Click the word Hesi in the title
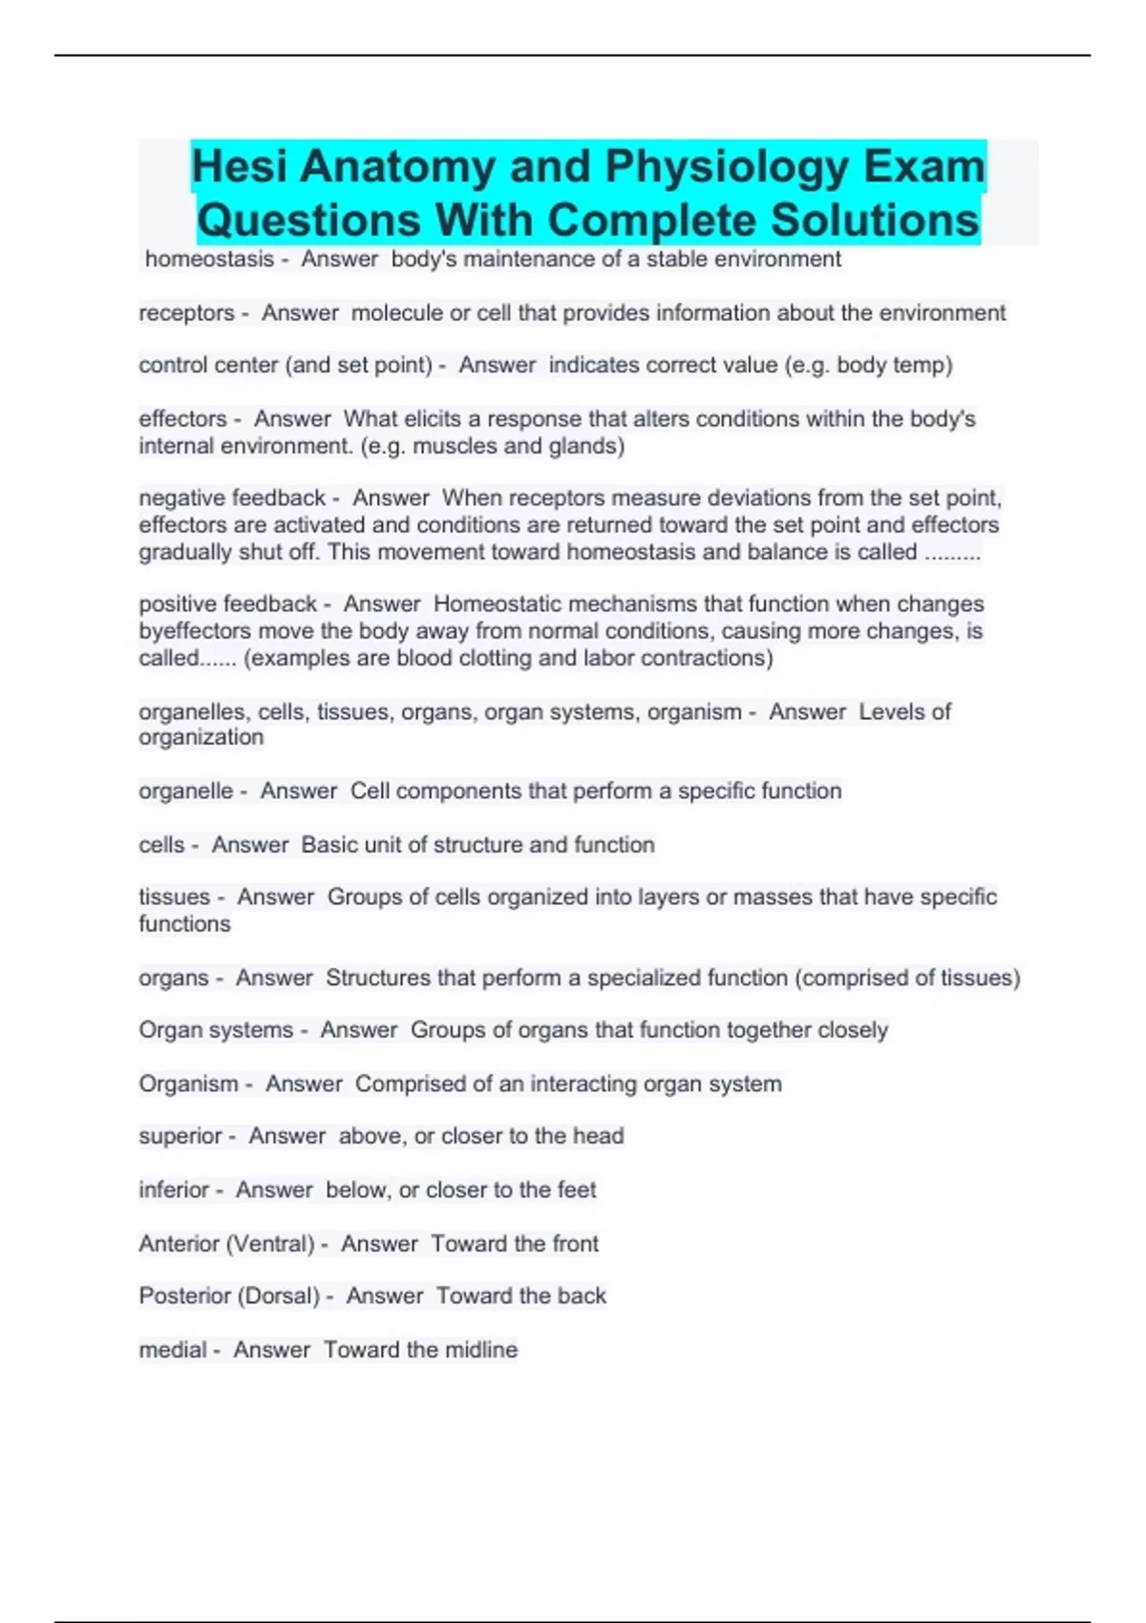point(239,167)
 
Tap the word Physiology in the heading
point(728,167)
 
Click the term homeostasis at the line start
point(209,260)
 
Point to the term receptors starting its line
point(186,313)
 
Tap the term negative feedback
point(232,498)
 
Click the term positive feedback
point(227,604)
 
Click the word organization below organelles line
point(201,737)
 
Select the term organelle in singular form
point(185,791)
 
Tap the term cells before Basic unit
point(161,845)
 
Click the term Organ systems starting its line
point(216,1030)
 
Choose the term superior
point(180,1136)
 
